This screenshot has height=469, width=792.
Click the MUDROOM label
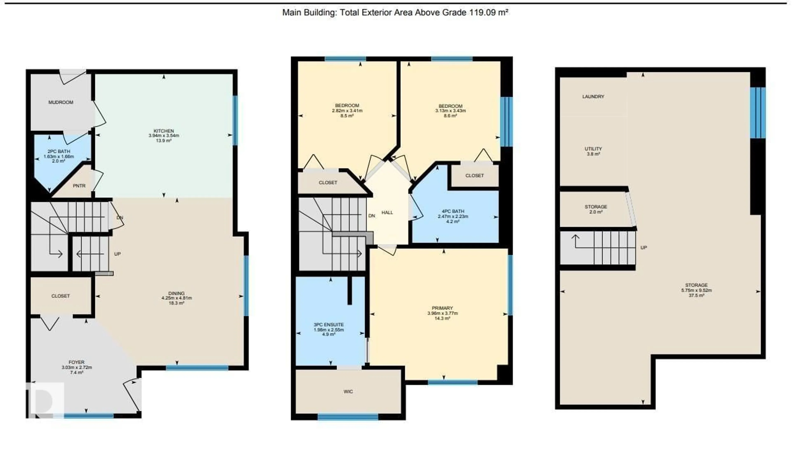click(61, 102)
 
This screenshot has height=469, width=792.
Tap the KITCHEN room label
click(164, 131)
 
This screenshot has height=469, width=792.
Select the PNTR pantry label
click(79, 186)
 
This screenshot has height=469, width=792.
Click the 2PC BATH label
click(59, 151)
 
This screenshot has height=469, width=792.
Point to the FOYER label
click(77, 362)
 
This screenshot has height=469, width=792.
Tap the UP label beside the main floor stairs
click(117, 254)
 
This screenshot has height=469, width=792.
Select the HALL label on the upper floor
click(387, 213)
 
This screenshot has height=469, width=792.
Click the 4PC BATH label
click(453, 211)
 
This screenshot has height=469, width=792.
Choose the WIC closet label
click(348, 392)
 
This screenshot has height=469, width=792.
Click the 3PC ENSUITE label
click(329, 325)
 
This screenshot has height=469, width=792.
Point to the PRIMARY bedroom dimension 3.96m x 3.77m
click(442, 313)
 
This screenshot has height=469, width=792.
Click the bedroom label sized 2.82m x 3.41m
click(347, 106)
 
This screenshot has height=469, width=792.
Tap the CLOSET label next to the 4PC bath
click(474, 175)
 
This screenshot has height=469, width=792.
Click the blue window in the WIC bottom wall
click(348, 417)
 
